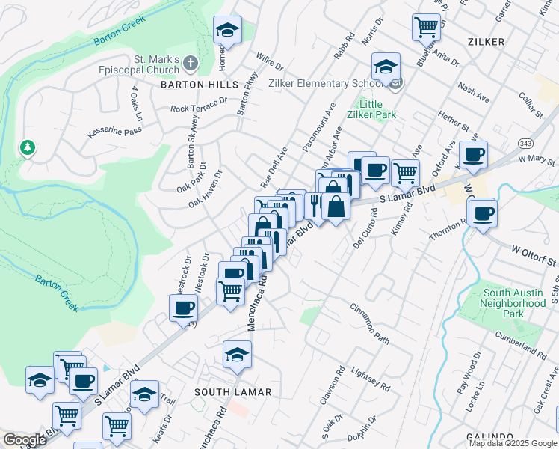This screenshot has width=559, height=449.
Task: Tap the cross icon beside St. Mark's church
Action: (x=191, y=64)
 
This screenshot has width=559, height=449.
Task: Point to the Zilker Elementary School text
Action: (x=330, y=84)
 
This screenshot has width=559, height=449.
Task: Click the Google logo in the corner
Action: (x=25, y=440)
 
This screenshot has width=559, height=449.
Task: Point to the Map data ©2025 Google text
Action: (x=512, y=443)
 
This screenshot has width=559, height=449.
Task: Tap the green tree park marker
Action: (x=28, y=147)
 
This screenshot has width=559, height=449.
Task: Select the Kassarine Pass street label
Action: (x=114, y=132)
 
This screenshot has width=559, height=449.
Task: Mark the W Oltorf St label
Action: (x=534, y=255)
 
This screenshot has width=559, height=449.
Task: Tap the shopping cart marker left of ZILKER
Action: (x=426, y=28)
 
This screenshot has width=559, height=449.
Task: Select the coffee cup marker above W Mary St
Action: (x=474, y=155)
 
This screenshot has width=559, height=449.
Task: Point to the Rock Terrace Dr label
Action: (x=199, y=104)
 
